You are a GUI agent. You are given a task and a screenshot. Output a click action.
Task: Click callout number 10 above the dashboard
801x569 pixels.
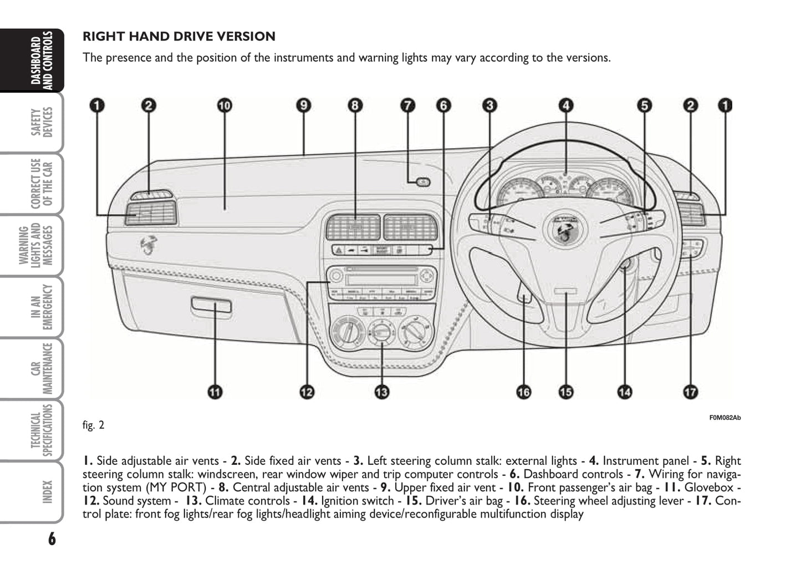(225, 105)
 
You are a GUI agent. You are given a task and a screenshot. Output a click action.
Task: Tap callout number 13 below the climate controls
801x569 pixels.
(382, 392)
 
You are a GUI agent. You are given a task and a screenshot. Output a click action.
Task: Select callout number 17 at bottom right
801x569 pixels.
(690, 392)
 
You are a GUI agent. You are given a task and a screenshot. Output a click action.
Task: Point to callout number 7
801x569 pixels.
(407, 105)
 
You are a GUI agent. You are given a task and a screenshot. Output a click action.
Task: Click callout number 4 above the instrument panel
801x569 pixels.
(565, 105)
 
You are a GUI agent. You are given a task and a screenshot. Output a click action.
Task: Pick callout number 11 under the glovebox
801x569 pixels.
(215, 392)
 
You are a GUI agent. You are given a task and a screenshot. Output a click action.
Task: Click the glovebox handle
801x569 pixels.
(211, 304)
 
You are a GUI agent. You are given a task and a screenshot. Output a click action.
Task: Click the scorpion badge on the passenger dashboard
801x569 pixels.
(149, 245)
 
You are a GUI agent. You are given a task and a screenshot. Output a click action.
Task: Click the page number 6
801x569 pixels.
(52, 538)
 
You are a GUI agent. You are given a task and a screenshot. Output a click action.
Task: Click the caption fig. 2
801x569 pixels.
(93, 425)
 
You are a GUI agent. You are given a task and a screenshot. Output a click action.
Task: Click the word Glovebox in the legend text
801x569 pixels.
(709, 487)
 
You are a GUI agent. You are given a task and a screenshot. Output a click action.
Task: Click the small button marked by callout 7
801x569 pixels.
(422, 181)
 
